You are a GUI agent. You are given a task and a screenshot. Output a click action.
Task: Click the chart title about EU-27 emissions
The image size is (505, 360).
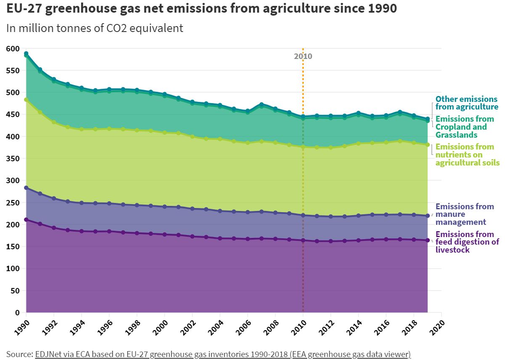coord(202,9)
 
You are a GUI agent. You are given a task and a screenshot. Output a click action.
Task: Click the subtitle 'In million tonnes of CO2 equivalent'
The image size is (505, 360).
coord(95,28)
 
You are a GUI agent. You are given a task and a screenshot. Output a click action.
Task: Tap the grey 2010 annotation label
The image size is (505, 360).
coord(303,56)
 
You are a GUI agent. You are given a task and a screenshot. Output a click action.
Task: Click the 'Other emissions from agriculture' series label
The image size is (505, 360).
coord(466,103)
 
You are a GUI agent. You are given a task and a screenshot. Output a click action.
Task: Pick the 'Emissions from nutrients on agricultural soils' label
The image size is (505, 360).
coord(467,155)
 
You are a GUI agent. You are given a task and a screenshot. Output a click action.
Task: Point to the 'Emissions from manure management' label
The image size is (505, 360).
coord(464,214)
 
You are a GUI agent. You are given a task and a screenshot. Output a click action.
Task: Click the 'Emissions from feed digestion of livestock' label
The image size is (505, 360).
coord(467,242)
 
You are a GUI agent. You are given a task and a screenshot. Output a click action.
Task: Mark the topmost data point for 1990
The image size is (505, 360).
coord(26,53)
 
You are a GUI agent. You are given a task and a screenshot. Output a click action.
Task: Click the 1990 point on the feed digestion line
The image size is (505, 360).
coord(26,219)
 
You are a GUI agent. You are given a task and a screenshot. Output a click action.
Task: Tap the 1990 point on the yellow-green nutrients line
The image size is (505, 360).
coord(26,100)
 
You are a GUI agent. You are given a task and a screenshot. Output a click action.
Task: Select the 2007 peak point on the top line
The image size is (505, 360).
coord(261,104)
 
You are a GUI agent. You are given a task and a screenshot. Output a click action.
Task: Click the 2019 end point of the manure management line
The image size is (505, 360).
coord(428,216)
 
